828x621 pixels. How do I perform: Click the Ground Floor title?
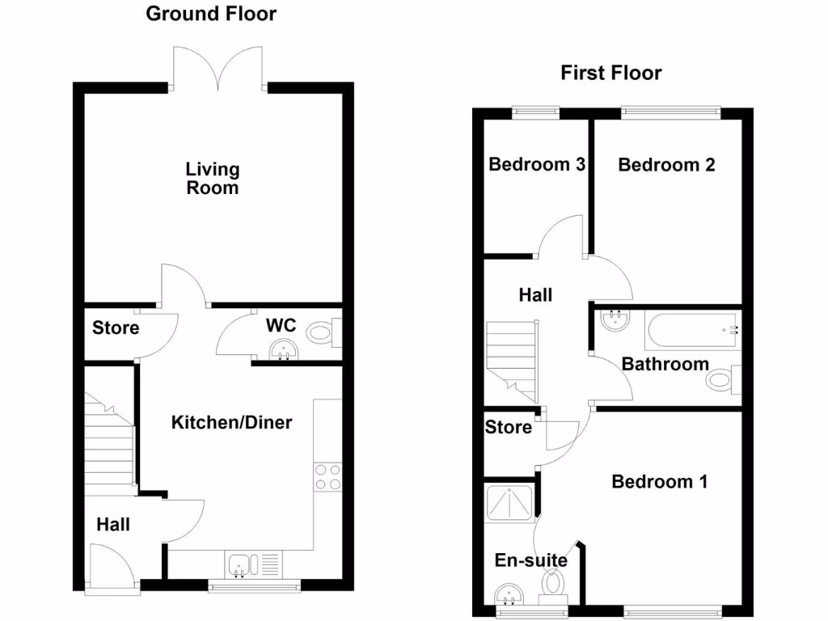(211, 14)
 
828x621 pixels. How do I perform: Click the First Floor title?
(610, 74)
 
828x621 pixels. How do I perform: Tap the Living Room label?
(213, 179)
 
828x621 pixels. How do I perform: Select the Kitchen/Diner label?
(231, 422)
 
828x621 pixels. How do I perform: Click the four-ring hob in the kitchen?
(327, 476)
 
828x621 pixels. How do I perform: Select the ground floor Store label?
(116, 328)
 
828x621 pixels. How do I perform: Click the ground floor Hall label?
(113, 525)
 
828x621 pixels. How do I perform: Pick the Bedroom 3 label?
(537, 165)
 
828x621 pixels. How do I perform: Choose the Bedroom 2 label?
(666, 165)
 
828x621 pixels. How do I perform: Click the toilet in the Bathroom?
(722, 380)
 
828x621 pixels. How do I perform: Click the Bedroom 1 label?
(660, 482)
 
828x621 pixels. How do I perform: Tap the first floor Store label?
(509, 427)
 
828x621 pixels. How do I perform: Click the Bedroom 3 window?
(536, 113)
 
